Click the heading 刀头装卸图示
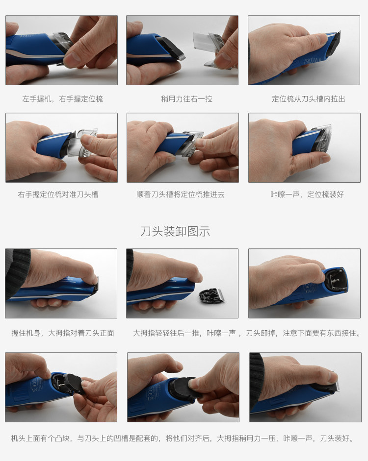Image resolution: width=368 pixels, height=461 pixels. click(x=175, y=231)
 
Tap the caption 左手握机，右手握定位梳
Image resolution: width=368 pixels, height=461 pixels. click(x=62, y=99)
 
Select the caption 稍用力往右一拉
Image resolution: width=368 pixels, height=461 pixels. click(x=186, y=99)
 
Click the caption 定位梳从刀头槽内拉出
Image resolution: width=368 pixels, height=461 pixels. click(x=308, y=99)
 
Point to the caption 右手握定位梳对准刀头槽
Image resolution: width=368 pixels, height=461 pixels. click(x=58, y=194)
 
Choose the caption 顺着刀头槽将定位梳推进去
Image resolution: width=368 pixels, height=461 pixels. click(x=180, y=194)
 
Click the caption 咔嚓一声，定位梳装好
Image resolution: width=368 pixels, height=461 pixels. click(x=307, y=194)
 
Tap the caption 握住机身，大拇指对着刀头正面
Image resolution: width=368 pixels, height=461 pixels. click(x=62, y=333)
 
